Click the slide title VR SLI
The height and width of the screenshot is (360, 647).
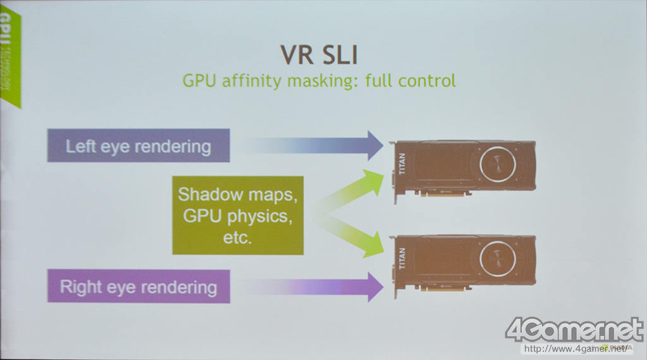click(318, 54)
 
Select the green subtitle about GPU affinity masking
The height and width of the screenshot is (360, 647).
click(318, 81)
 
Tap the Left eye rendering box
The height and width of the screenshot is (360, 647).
click(138, 147)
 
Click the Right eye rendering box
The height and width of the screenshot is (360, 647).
click(138, 287)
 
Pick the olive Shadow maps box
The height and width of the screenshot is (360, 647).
click(237, 216)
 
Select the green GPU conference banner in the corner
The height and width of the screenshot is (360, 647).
click(9, 60)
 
